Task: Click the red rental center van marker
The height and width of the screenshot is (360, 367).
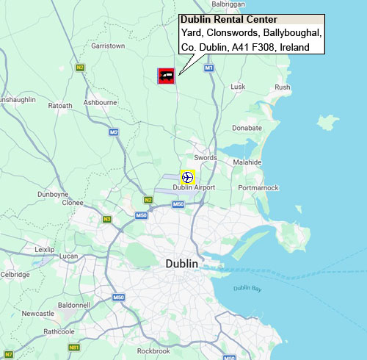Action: tap(167, 75)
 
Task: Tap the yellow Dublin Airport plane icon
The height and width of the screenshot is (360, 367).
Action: tap(187, 177)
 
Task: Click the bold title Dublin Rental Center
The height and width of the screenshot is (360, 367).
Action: tap(228, 20)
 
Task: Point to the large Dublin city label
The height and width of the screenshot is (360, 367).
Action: tap(181, 264)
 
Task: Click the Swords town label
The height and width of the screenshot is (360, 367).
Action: tap(206, 158)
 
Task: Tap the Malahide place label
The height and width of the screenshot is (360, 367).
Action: tap(247, 162)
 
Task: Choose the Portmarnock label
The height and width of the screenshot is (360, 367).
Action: tap(258, 188)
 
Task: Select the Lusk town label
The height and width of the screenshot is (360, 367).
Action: tap(238, 87)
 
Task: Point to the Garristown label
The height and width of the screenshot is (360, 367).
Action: tap(108, 46)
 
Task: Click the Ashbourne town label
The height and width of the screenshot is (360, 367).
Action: tap(101, 102)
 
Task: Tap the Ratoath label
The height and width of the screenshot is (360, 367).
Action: tap(60, 106)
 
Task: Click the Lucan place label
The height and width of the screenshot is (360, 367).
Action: tap(68, 256)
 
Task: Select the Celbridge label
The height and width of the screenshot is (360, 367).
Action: tap(15, 275)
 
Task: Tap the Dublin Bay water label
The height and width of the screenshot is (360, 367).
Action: tap(247, 289)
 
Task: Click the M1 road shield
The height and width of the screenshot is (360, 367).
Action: tap(208, 68)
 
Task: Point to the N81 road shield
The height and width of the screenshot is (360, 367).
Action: tap(73, 347)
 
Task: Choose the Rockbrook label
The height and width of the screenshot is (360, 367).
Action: tap(153, 352)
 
